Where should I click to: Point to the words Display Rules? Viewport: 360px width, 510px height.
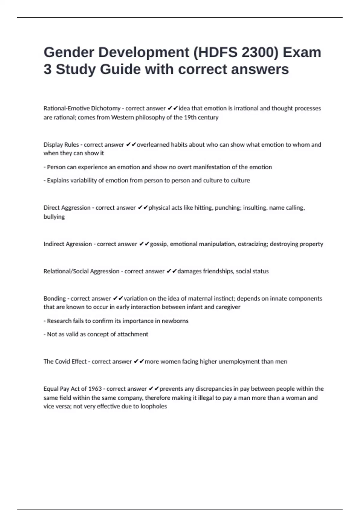61,145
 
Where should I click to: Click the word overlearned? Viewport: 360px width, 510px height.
153,145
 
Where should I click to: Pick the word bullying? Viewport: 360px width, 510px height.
54,217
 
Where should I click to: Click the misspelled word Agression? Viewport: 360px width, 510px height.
79,244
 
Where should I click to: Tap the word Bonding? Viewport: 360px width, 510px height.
55,298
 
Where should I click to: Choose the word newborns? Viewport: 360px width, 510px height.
175,321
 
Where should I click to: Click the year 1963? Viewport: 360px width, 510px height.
95,389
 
